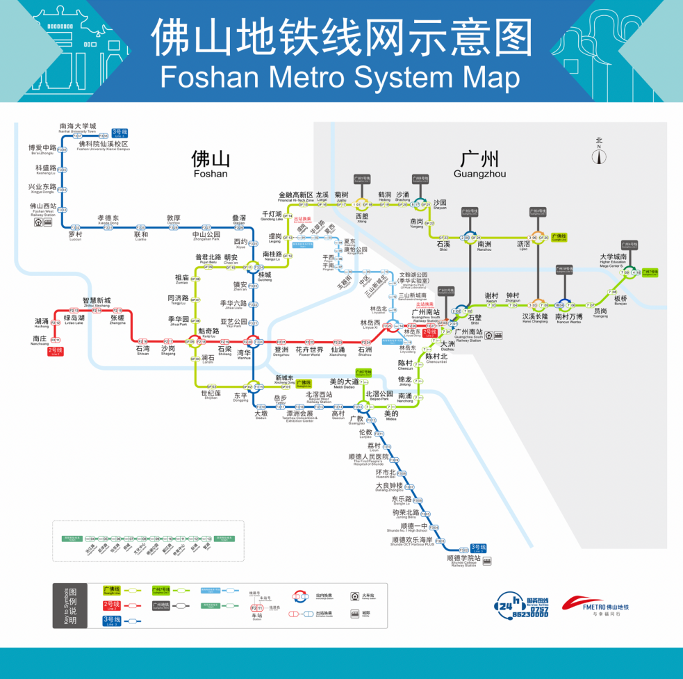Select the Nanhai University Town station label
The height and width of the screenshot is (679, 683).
click(x=78, y=127)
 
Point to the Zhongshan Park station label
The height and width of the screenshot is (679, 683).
click(x=206, y=236)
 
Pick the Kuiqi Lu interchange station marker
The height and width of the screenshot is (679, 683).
click(x=195, y=341)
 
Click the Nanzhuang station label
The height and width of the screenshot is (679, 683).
click(x=40, y=340)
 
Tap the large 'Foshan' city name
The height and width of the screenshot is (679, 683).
click(x=210, y=164)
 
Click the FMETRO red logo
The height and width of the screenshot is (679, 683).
click(x=595, y=604)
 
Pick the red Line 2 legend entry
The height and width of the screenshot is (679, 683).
click(x=112, y=605)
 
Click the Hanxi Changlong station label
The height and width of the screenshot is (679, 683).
click(x=535, y=318)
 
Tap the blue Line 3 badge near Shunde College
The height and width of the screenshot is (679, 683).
click(x=478, y=548)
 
